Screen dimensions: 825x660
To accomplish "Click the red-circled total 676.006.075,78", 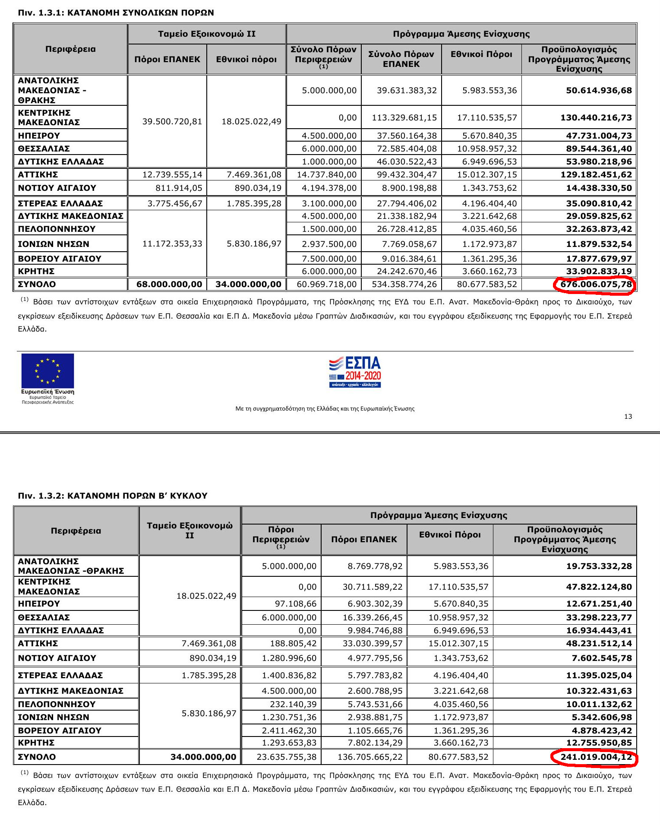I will [x=596, y=284].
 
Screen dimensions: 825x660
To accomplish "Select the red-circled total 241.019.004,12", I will [x=596, y=757].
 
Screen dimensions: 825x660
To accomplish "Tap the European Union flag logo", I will [x=47, y=371].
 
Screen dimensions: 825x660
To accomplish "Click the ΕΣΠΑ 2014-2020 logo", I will [x=355, y=372].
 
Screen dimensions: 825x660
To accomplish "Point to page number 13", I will [x=628, y=416].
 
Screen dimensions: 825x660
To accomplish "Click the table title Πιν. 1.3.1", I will [x=116, y=13].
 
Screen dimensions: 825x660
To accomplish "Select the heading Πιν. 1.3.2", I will [x=112, y=496].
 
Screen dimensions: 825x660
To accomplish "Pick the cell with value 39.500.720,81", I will [x=172, y=121].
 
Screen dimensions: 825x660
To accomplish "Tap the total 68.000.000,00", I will [x=169, y=284].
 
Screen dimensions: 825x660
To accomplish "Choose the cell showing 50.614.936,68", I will [x=599, y=90].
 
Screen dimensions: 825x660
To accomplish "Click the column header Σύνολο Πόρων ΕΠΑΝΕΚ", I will [x=401, y=59].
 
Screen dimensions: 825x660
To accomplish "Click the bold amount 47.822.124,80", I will [x=599, y=587].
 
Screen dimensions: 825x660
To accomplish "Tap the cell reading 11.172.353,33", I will [x=172, y=243].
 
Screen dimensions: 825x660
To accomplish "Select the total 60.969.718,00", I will [x=326, y=284].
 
